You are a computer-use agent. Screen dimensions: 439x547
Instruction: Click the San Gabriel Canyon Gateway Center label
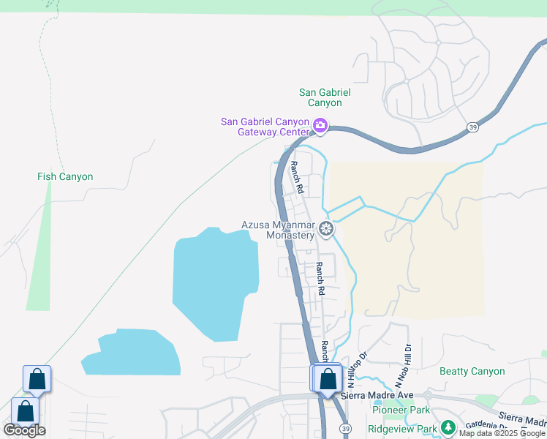point(265,127)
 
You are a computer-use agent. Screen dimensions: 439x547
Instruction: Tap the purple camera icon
point(320,126)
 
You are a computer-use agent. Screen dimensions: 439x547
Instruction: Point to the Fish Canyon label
point(65,176)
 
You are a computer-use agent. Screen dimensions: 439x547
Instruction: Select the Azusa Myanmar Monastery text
point(279,230)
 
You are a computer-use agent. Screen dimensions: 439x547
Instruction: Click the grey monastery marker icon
point(326,229)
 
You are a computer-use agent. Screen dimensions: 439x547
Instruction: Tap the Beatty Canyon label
point(472,371)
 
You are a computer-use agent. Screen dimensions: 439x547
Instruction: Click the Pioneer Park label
point(400,410)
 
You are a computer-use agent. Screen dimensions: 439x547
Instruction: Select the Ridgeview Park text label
point(402,429)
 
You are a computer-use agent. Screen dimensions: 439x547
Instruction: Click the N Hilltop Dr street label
point(355,370)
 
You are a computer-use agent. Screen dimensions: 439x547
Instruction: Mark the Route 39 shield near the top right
point(472,127)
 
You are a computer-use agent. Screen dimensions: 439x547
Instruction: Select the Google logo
point(25,430)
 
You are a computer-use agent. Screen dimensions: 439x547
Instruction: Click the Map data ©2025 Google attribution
point(502,433)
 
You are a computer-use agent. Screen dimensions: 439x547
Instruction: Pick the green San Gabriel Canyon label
point(325,97)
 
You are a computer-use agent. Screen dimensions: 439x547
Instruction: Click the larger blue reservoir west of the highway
point(215,282)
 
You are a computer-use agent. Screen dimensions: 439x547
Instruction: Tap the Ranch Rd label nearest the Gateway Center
point(296,176)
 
